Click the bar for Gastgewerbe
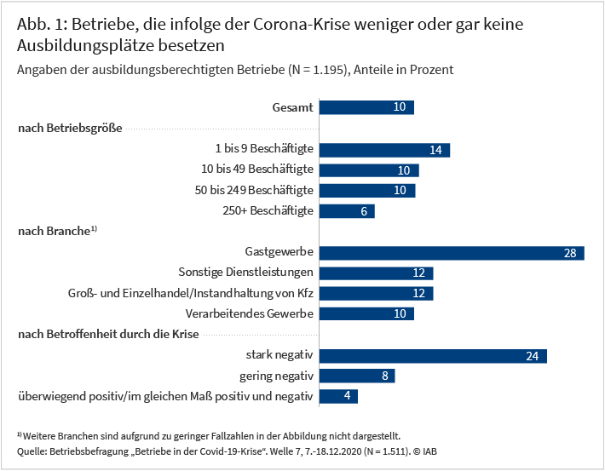[452, 252]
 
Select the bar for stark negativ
[433, 355]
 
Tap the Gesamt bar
[366, 107]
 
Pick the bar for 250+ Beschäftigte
[348, 210]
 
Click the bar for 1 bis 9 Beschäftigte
[385, 149]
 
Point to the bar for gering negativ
[357, 376]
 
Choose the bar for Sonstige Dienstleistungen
[376, 273]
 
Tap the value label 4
[349, 396]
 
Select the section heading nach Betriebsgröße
[70, 128]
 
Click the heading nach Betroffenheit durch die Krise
[108, 334]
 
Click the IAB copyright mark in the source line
[425, 450]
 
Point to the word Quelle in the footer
[31, 450]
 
